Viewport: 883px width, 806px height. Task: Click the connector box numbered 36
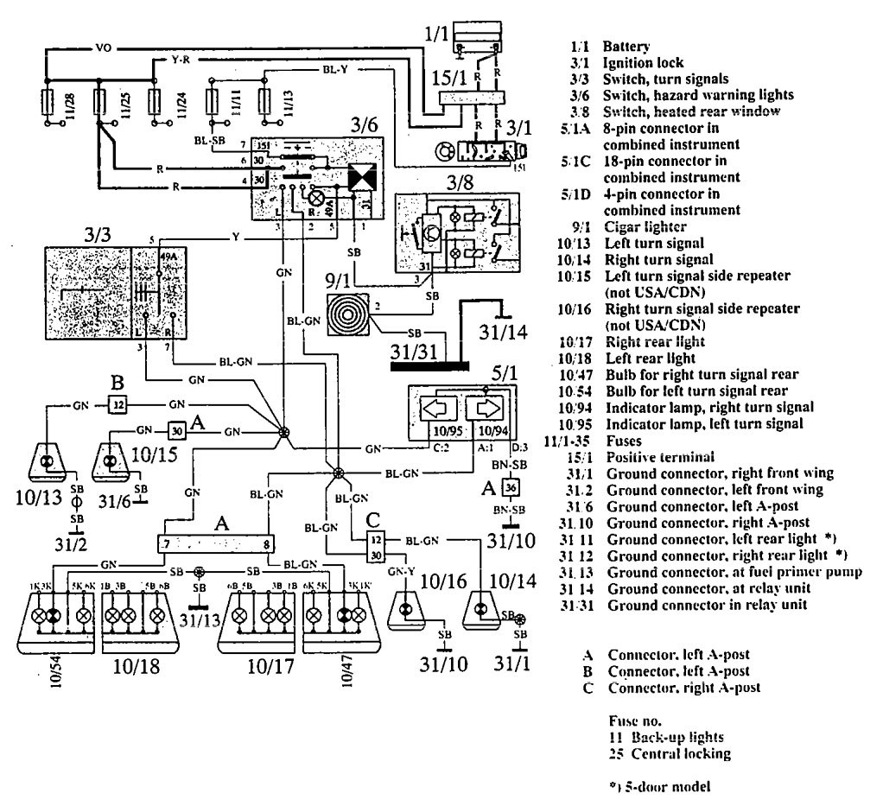510,487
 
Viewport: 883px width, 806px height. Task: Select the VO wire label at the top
78,49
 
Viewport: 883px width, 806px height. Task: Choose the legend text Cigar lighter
645,227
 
